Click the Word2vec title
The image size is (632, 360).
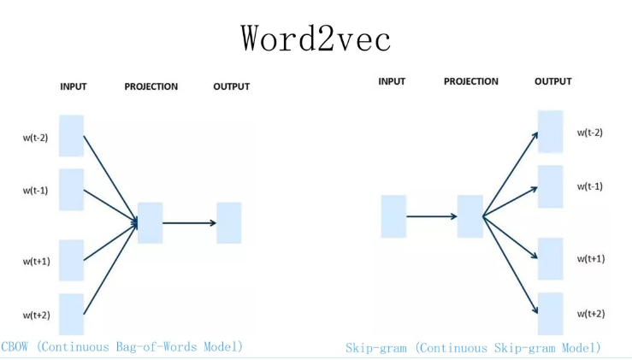coord(316,38)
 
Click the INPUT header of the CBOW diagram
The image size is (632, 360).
coord(74,86)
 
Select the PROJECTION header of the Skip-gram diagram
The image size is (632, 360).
coord(470,82)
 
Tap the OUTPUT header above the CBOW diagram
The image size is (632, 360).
coord(231,86)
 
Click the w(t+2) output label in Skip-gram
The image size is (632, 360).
coord(590,314)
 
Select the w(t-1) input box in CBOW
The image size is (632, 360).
coord(72,190)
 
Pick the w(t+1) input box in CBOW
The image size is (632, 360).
coord(72,260)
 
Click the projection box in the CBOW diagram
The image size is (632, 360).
coord(150,223)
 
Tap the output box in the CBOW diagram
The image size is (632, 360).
coord(229,223)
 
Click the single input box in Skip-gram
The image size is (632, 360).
coord(393,216)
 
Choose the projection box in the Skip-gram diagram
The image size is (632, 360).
coord(470,216)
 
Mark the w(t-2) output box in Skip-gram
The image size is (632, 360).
coord(550,132)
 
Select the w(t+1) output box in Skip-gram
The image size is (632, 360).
coord(550,258)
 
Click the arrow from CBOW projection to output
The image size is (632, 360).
coord(189,223)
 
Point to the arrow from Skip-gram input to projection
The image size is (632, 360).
coord(432,216)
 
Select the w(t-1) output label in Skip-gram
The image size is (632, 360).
coord(590,186)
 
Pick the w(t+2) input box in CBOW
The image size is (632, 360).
coord(72,314)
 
